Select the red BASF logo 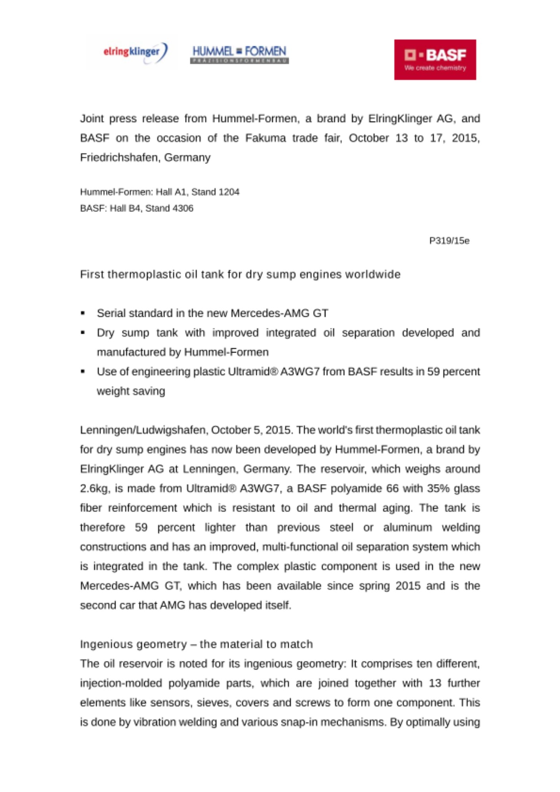click(x=435, y=59)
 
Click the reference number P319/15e click(x=449, y=241)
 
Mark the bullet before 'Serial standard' click(x=83, y=313)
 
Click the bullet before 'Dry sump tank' click(x=83, y=333)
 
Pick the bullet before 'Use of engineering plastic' click(x=83, y=371)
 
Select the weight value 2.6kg click(x=94, y=489)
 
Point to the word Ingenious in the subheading click(x=105, y=644)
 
